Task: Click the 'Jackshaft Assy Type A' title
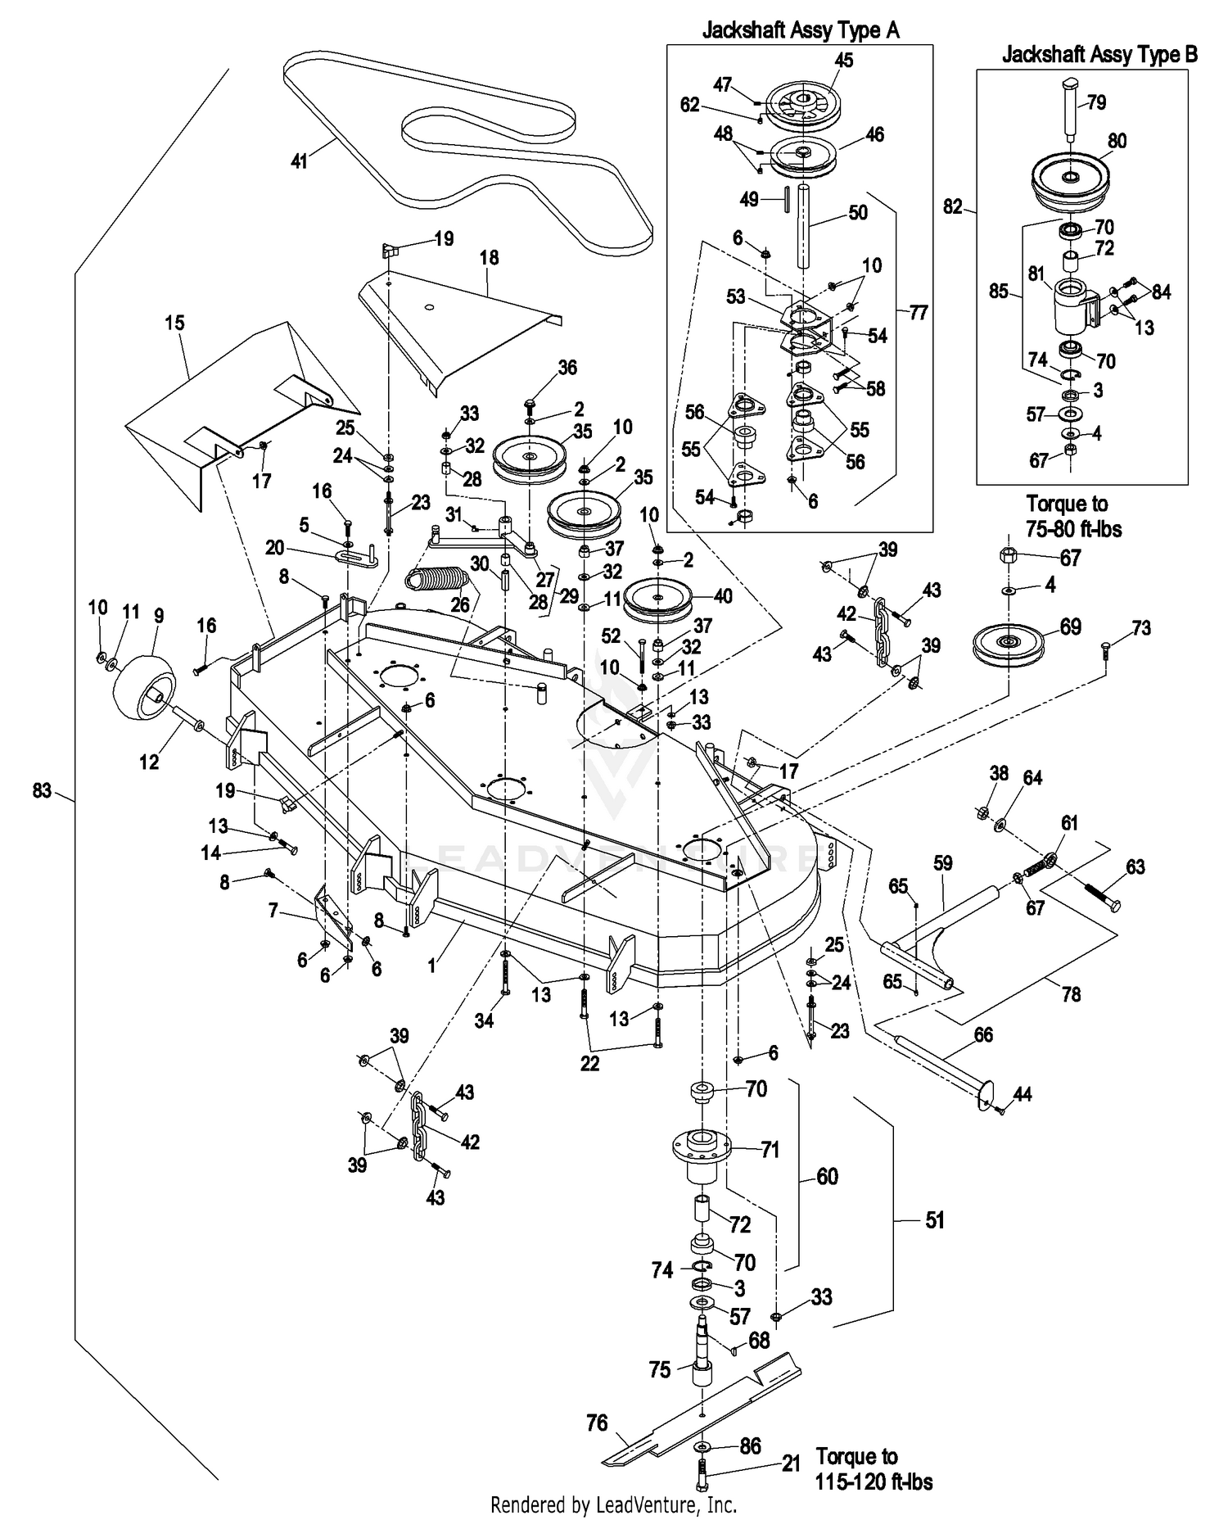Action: (x=801, y=30)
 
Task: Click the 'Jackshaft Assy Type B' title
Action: (x=1099, y=54)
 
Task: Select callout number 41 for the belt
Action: (x=300, y=161)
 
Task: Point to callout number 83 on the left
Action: (x=42, y=790)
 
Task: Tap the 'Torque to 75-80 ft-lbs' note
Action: (x=1073, y=516)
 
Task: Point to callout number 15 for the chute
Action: (x=174, y=323)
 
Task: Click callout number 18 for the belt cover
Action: (x=489, y=257)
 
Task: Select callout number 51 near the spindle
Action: (x=934, y=1219)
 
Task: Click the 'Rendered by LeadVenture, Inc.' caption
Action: (x=613, y=1504)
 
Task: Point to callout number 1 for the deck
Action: (x=431, y=966)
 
